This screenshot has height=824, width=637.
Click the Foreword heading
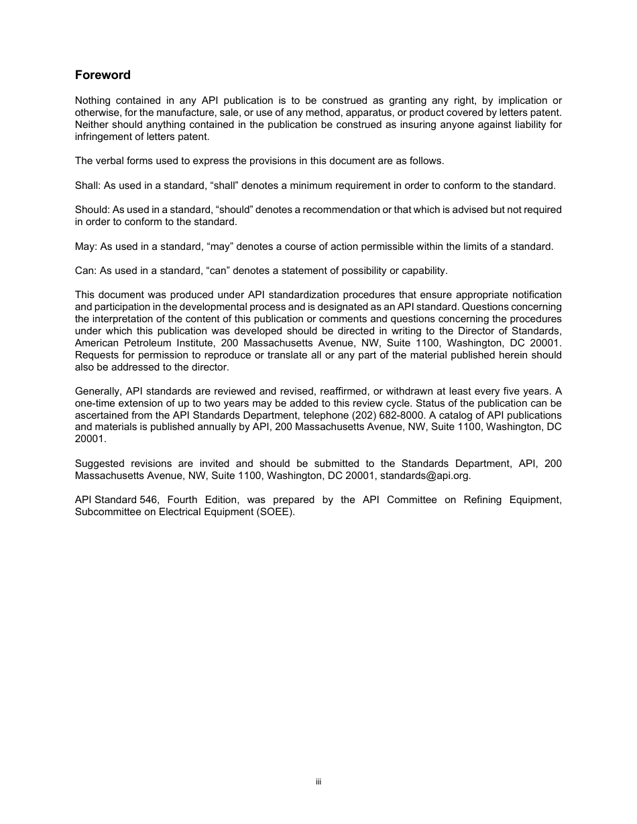tap(103, 75)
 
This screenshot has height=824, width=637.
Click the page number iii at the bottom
tap(318, 782)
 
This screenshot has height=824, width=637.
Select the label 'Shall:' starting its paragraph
tap(88, 186)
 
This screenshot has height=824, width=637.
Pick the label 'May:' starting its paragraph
tap(86, 247)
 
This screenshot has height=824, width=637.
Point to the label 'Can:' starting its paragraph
tap(86, 271)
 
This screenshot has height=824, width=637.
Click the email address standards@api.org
tap(425, 476)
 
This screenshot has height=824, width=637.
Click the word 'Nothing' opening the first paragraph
tap(93, 100)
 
